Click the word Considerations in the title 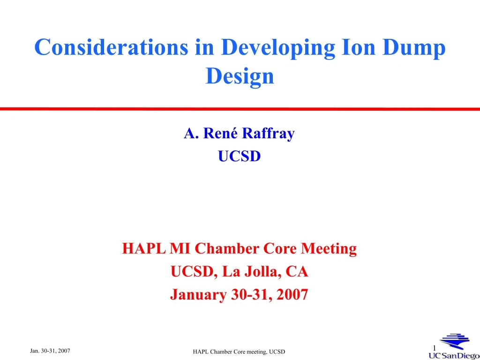[111, 48]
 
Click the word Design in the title [240, 76]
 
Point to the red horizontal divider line [240, 109]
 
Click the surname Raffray [269, 134]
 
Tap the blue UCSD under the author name [239, 156]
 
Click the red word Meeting [329, 248]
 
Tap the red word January [199, 294]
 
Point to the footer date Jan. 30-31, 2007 [50, 351]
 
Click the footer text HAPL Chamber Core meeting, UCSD [239, 352]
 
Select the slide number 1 [435, 347]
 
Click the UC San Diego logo [453, 348]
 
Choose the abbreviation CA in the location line [298, 271]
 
